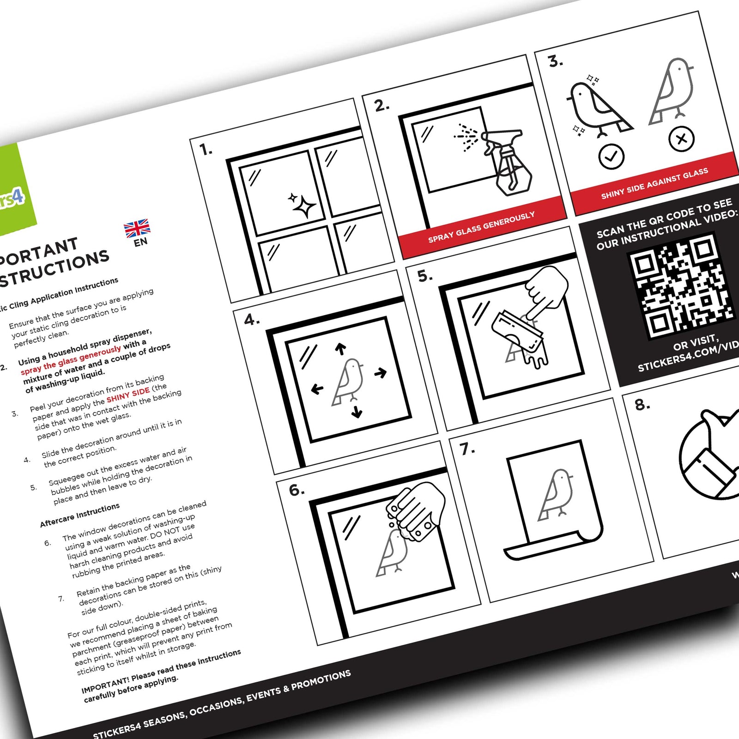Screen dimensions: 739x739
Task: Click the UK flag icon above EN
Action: tap(137, 228)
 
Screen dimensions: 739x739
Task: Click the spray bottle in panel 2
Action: tap(508, 162)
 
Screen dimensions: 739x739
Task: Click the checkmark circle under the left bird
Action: tap(611, 157)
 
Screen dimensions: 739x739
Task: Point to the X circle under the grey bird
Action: tap(681, 138)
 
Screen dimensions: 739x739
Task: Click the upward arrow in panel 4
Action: tap(340, 349)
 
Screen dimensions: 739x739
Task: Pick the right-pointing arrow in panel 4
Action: tap(381, 373)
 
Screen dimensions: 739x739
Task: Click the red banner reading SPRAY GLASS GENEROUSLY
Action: tap(481, 227)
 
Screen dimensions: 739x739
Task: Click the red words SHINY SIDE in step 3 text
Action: tap(128, 395)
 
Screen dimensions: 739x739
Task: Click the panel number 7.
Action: tap(466, 448)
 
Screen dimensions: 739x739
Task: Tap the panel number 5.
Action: tap(424, 276)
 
